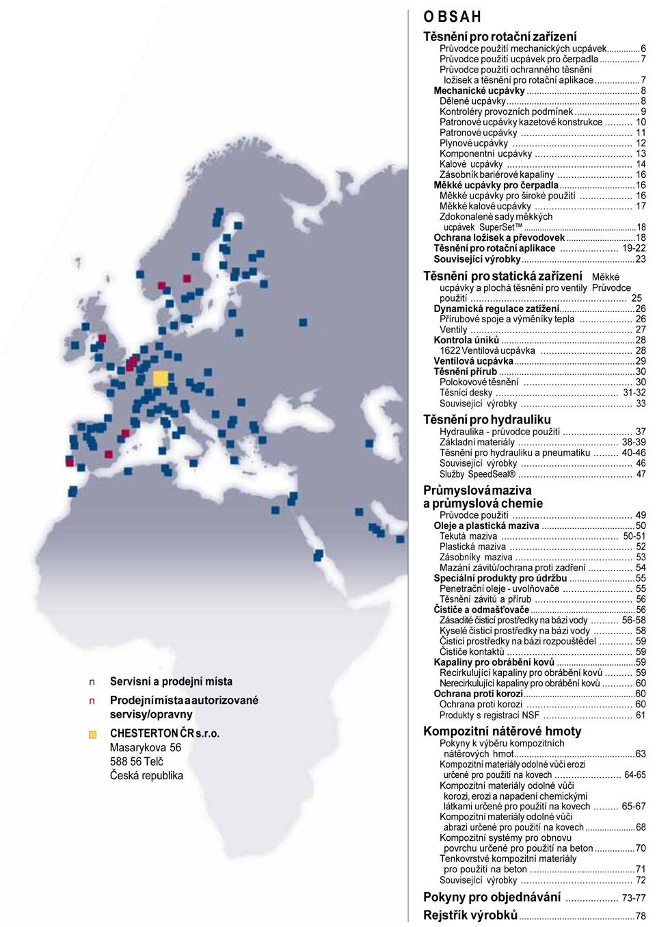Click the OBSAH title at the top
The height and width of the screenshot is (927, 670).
(452, 16)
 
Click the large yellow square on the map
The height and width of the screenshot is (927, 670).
(160, 378)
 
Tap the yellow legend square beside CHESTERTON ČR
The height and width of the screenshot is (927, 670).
(92, 734)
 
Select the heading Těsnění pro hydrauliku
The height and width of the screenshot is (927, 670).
(486, 419)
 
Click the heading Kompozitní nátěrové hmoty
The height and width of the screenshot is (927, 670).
(502, 731)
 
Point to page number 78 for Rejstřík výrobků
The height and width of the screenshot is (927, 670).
(640, 915)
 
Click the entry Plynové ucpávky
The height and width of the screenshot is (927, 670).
(473, 143)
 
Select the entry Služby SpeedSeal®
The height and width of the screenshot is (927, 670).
(477, 474)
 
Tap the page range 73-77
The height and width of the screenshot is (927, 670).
(633, 898)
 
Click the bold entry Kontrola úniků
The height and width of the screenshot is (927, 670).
(466, 340)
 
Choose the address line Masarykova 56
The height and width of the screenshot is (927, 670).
(146, 747)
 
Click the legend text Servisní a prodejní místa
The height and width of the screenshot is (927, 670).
(171, 681)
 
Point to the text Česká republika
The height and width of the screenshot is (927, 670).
(146, 775)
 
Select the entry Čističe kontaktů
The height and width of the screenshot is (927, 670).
(472, 652)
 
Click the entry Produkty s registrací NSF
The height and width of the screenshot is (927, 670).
(489, 715)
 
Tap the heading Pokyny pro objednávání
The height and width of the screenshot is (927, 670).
(492, 897)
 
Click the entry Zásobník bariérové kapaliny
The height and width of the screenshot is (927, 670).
(496, 174)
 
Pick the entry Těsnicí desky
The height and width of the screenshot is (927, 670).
(466, 393)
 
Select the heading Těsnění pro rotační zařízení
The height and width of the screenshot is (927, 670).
(500, 36)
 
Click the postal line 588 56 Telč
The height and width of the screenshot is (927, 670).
(137, 761)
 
